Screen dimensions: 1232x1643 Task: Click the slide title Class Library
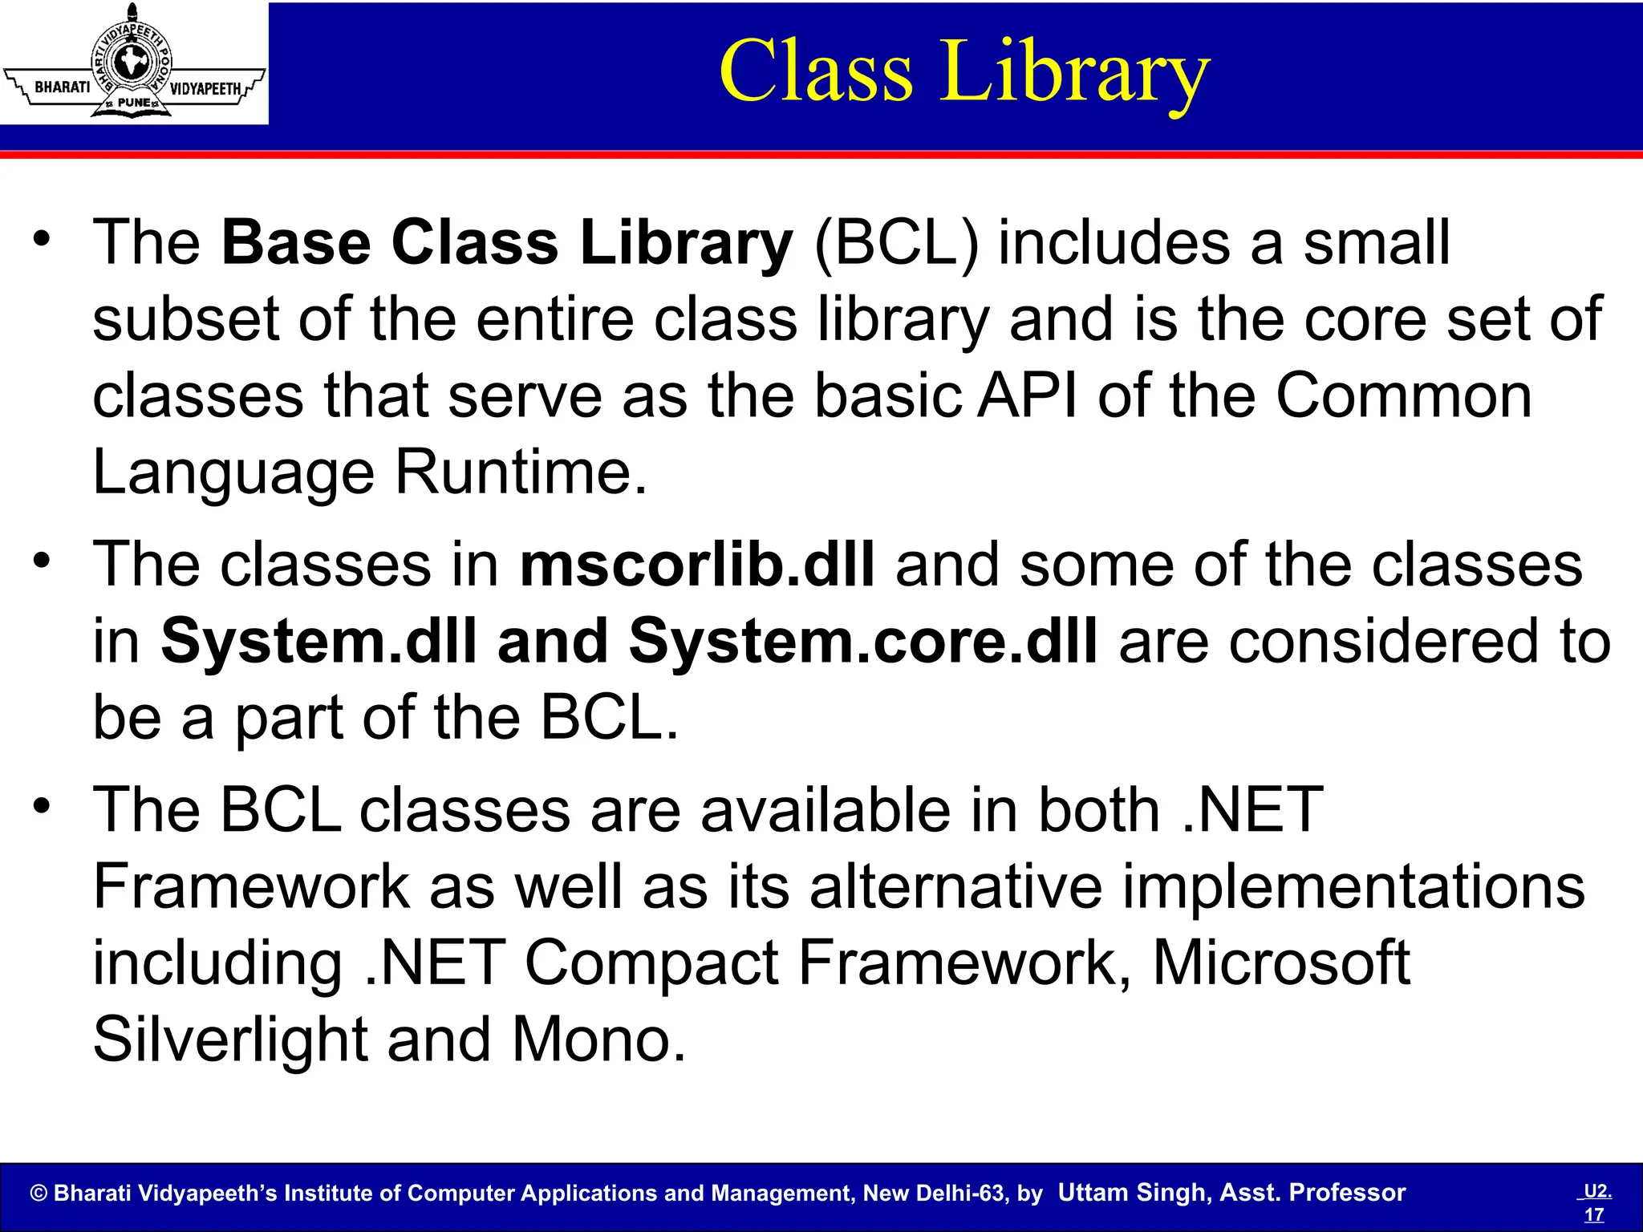tap(963, 72)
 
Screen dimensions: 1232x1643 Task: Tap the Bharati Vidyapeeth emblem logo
tap(134, 63)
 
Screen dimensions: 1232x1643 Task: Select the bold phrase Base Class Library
tap(507, 242)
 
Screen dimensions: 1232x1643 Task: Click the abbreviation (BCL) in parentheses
tap(895, 242)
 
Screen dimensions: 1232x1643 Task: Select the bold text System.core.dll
tap(862, 642)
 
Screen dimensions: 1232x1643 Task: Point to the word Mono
tap(598, 1039)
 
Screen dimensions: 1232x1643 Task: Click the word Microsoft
tap(1281, 962)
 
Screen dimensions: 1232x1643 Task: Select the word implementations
tap(1353, 886)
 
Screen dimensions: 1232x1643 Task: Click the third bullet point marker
tap(43, 804)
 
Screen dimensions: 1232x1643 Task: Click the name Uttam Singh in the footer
tap(1132, 1193)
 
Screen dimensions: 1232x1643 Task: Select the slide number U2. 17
tap(1596, 1202)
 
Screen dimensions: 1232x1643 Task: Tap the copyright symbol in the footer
tap(39, 1193)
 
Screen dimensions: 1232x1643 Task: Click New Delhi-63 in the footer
tap(933, 1193)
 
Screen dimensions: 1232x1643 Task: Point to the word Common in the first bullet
tap(1403, 396)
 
